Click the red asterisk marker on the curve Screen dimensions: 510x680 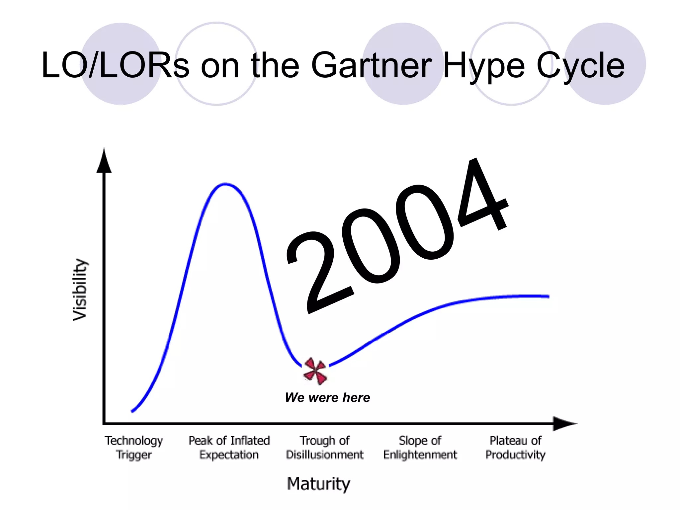[x=315, y=371]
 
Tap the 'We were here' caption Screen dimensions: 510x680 [x=327, y=397]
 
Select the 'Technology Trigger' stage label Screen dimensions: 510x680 [x=134, y=447]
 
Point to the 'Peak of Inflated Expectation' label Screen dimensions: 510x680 [x=229, y=447]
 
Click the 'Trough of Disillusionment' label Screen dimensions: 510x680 [x=325, y=447]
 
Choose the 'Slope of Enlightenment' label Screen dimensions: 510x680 [x=420, y=447]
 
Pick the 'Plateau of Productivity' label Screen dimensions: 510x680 [x=515, y=447]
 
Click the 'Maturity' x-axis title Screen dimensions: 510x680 [x=318, y=484]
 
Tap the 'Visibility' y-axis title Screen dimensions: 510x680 [x=80, y=290]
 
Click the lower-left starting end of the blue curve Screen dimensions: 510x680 [x=133, y=411]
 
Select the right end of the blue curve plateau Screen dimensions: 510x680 [x=548, y=297]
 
